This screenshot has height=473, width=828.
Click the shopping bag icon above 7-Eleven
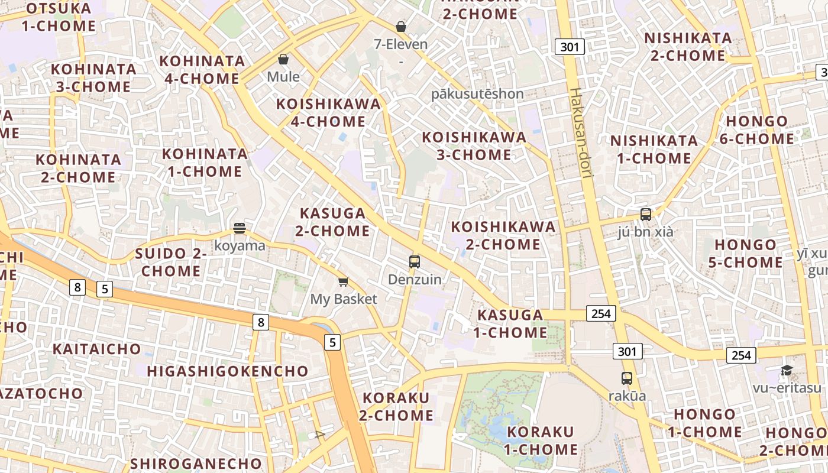point(401,27)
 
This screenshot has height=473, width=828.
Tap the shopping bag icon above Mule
point(283,59)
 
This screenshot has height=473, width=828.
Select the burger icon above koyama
point(240,228)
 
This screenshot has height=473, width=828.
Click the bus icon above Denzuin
point(415,261)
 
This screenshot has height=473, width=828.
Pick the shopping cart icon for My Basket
point(344,281)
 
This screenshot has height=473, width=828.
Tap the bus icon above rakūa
point(627,378)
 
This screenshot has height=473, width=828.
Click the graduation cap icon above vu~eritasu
point(787,371)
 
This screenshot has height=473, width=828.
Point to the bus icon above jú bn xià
point(646,214)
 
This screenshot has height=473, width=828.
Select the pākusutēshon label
point(477,94)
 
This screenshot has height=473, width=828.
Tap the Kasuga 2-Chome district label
point(333,222)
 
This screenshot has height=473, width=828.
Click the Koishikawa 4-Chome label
point(329,113)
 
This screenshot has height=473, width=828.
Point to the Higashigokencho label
point(228,371)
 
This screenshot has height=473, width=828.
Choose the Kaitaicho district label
point(97,349)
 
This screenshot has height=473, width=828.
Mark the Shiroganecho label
point(196,463)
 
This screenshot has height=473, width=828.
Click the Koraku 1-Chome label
point(541,440)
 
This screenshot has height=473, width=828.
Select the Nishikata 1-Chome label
point(654,150)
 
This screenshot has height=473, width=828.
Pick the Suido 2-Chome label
point(171,263)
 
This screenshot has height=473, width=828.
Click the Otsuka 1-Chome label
point(59,17)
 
